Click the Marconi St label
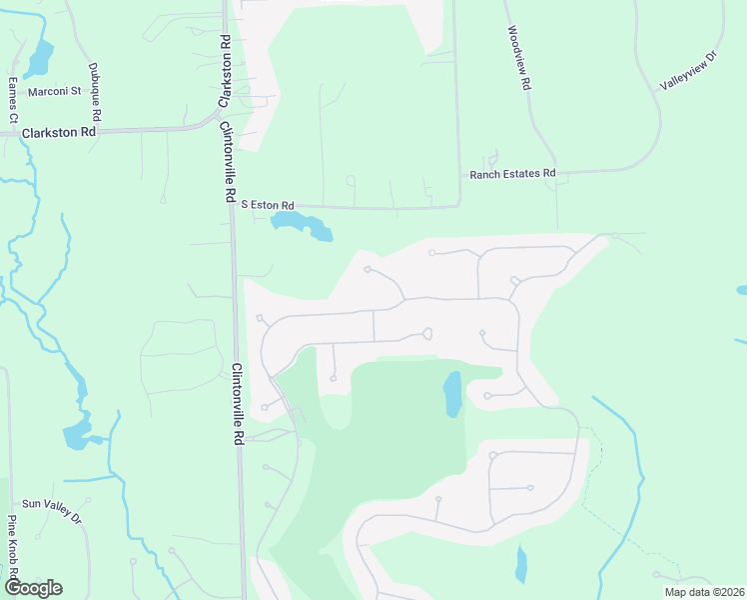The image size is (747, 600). pos(54,91)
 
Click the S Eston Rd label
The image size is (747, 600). pos(269,204)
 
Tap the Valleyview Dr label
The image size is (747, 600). pos(689,71)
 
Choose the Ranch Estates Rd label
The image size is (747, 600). pos(512,174)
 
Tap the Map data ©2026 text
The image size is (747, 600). pos(704,592)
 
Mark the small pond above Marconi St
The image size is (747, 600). pos(40,59)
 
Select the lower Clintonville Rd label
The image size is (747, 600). pos(238,402)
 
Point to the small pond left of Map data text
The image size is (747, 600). pos(520,566)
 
